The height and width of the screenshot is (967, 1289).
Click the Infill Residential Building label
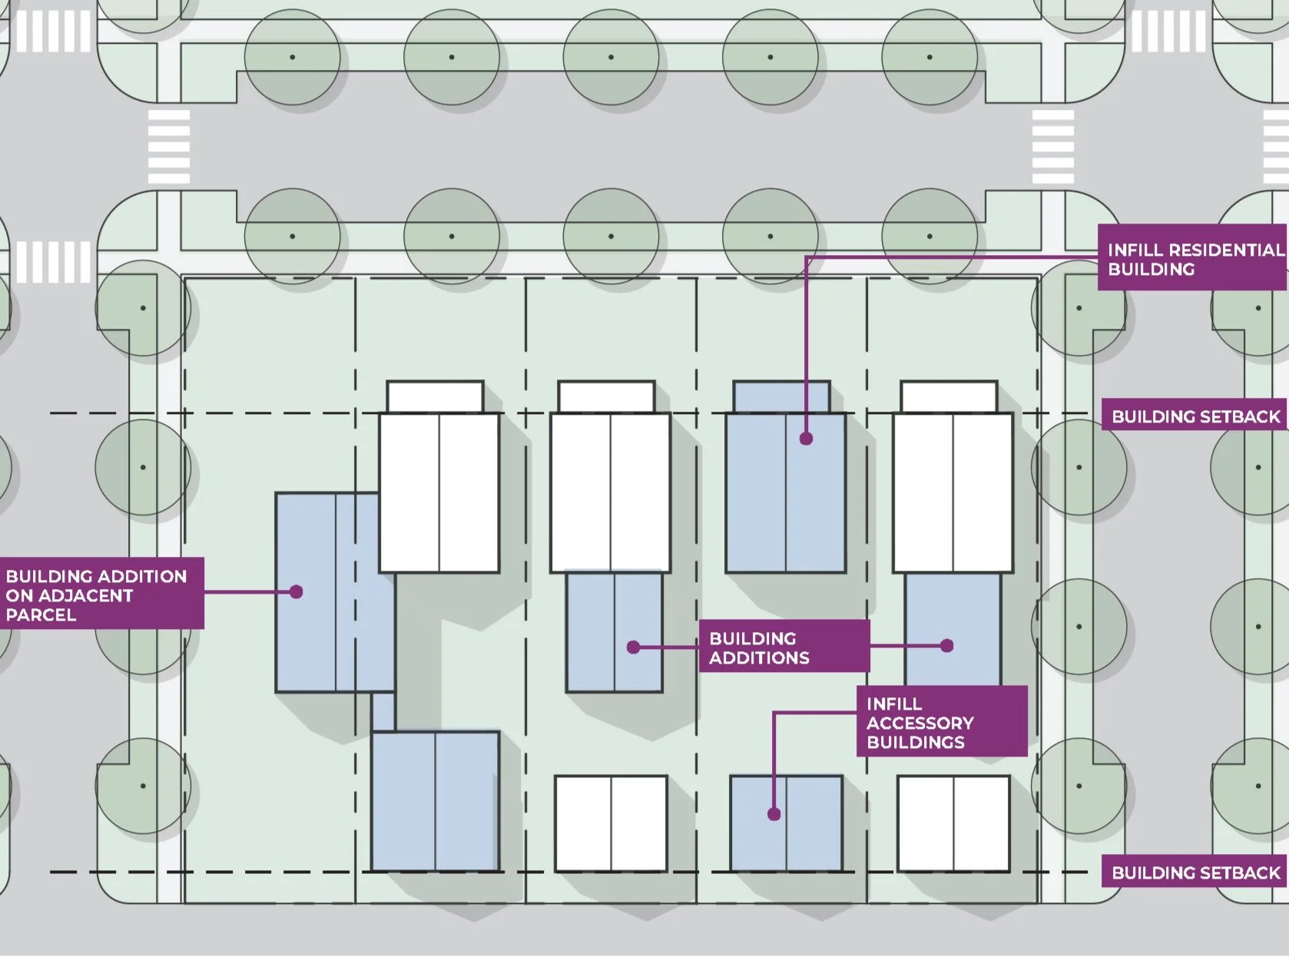pyautogui.click(x=1193, y=259)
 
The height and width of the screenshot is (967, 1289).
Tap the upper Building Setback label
pyautogui.click(x=1195, y=416)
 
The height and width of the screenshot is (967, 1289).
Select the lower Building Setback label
pyautogui.click(x=1195, y=873)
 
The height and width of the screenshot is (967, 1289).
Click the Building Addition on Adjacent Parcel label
pyautogui.click(x=101, y=594)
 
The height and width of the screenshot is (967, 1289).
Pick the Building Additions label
pyautogui.click(x=784, y=647)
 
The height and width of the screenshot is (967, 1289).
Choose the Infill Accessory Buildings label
pyautogui.click(x=942, y=722)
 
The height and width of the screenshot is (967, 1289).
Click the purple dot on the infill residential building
pyautogui.click(x=806, y=439)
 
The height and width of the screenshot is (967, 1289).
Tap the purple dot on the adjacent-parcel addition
pyautogui.click(x=297, y=591)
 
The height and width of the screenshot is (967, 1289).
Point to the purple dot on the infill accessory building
pyautogui.click(x=774, y=814)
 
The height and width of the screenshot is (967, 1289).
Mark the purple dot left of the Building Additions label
pyautogui.click(x=634, y=647)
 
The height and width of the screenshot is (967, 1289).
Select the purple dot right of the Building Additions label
pyautogui.click(x=947, y=646)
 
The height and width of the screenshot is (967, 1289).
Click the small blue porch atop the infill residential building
pyautogui.click(x=781, y=397)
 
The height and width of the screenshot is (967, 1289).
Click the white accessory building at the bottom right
pyautogui.click(x=953, y=823)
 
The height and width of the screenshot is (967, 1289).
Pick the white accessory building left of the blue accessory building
pyautogui.click(x=611, y=823)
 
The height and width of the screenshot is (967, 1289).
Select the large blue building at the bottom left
pyautogui.click(x=436, y=801)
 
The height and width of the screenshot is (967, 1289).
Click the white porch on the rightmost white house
pyautogui.click(x=949, y=397)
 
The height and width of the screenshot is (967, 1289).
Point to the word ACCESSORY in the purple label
pyautogui.click(x=920, y=723)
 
